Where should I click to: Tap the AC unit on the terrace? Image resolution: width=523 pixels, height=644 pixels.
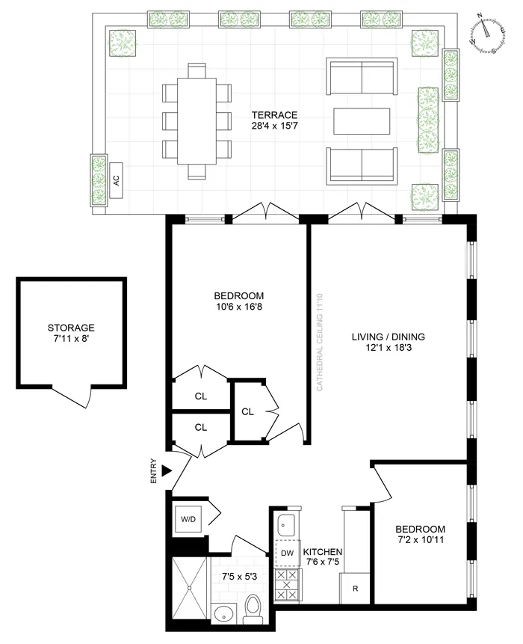(x=116, y=180)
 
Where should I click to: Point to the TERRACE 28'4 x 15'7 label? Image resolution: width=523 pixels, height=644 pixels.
(x=274, y=120)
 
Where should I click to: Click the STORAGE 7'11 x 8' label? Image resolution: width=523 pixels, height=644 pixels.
(x=71, y=334)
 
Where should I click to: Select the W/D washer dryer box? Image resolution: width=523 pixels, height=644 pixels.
(x=186, y=517)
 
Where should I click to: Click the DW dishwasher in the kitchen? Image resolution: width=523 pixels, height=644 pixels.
(x=286, y=554)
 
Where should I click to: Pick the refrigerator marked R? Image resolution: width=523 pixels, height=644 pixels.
(x=355, y=588)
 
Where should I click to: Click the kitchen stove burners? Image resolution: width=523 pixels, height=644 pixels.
(x=286, y=584)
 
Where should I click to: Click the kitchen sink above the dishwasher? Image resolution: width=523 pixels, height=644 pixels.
(x=286, y=523)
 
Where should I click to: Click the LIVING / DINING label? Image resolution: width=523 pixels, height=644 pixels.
(x=382, y=342)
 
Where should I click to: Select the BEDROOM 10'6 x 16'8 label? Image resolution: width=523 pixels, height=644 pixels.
(x=238, y=301)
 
